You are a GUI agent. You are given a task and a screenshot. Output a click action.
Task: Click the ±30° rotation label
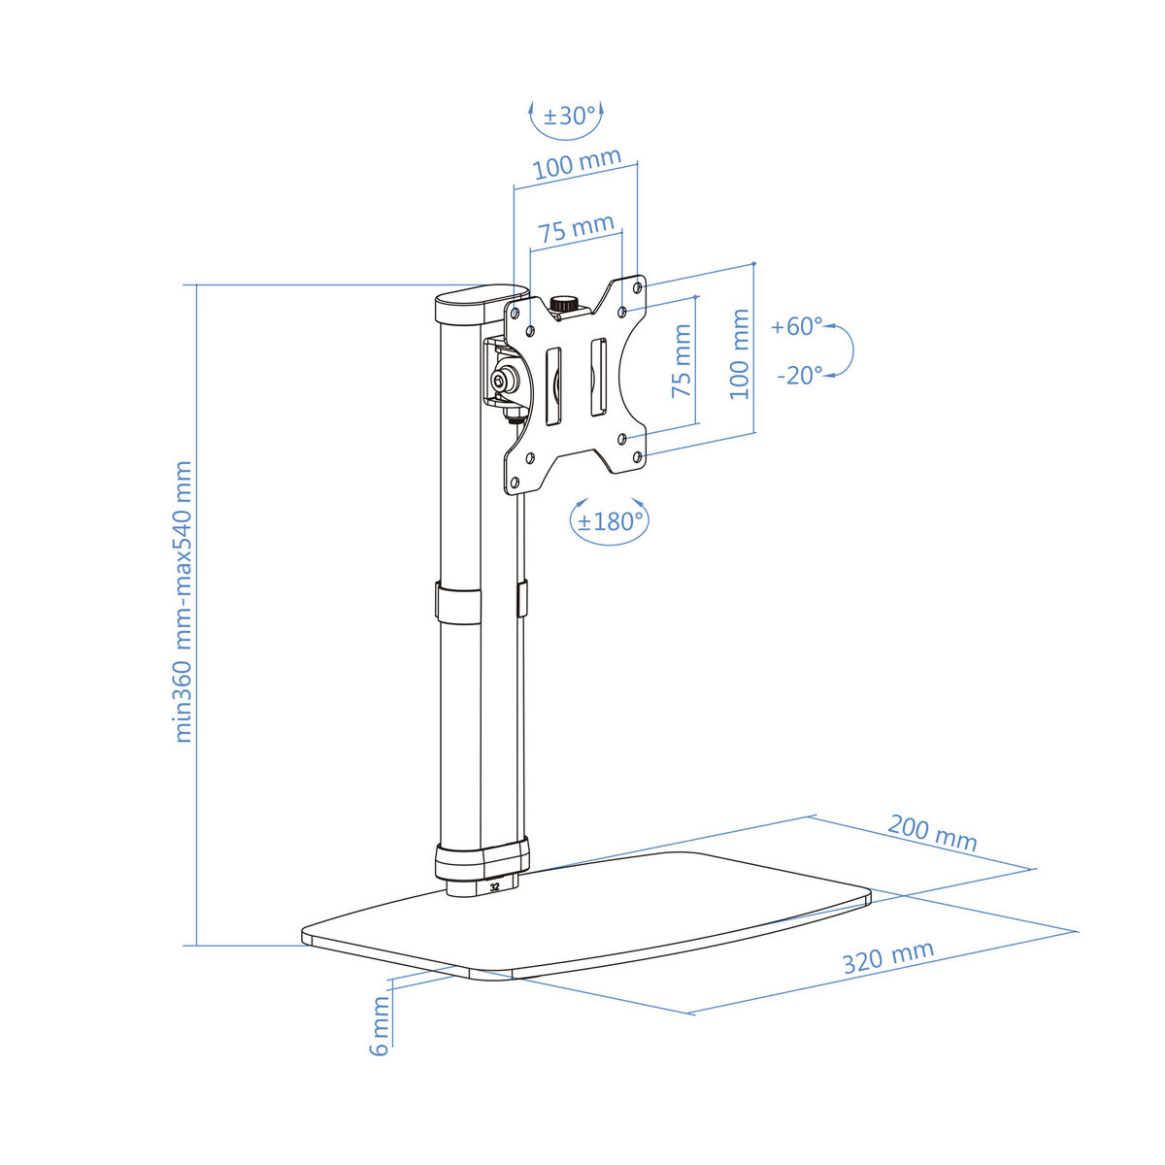569,116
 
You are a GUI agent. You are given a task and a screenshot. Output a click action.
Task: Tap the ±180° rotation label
611,521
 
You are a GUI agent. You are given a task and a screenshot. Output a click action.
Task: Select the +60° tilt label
796,326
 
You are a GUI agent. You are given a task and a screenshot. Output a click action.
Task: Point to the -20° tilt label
799,375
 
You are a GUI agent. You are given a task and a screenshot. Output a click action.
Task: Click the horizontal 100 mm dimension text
578,164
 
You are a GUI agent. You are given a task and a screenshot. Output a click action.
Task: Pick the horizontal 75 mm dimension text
577,230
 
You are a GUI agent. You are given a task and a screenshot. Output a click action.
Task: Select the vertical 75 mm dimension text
682,361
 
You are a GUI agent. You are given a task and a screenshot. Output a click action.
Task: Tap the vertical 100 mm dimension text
740,353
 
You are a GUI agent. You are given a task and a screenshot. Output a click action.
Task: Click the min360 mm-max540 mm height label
183,602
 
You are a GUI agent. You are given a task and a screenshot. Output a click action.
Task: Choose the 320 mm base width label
887,957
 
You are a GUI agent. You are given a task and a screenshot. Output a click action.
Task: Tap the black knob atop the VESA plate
563,304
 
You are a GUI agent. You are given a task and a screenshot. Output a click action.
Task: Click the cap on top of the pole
481,303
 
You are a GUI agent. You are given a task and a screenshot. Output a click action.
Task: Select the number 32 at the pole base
495,886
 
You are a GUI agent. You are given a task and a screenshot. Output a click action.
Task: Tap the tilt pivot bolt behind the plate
504,382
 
